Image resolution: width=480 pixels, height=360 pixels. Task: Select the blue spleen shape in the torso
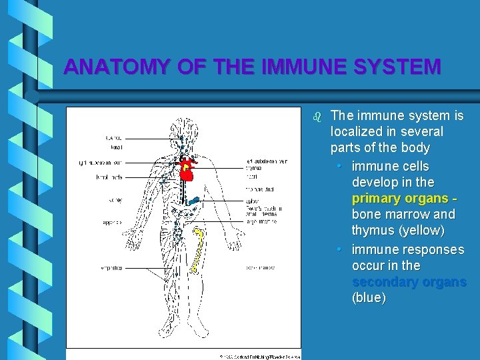(x=195, y=199)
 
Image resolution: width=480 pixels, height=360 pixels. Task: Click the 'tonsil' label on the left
(x=115, y=147)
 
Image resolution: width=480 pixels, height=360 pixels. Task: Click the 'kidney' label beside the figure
(x=115, y=200)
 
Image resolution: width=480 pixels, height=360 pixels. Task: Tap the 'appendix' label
(x=112, y=223)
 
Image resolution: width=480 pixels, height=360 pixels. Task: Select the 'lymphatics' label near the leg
(x=111, y=269)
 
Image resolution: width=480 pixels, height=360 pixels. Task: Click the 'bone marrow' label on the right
(x=261, y=268)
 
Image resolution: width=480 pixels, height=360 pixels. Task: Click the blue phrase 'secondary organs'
(x=409, y=281)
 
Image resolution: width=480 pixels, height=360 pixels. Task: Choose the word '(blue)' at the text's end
(x=369, y=297)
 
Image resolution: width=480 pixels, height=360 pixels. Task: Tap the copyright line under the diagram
(x=260, y=357)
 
